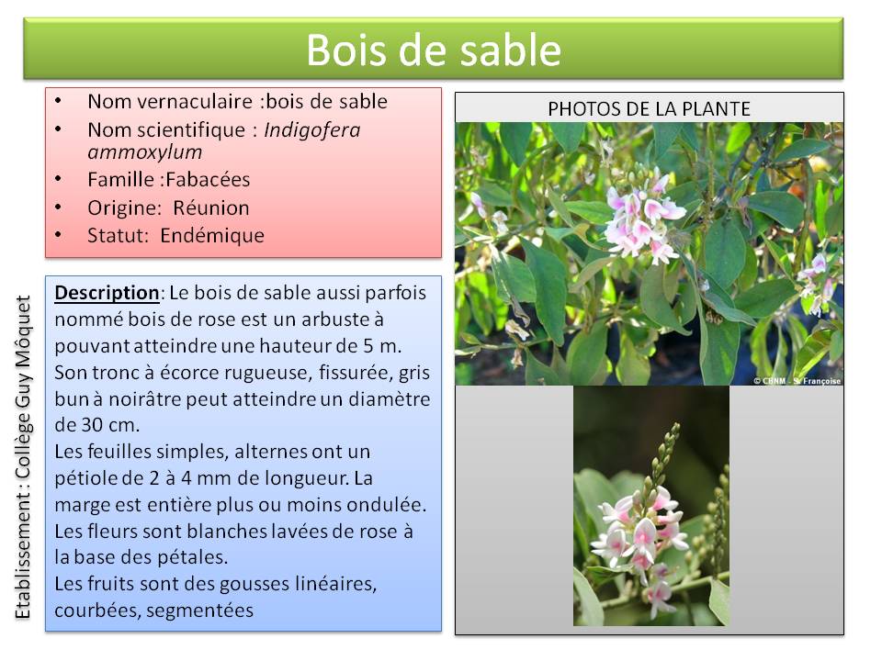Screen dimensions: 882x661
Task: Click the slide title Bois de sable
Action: pos(434,50)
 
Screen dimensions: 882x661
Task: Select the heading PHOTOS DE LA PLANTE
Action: pos(650,108)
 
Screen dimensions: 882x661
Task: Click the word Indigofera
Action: pos(312,129)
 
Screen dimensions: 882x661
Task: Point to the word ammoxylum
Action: pos(145,152)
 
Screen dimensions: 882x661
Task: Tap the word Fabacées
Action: pos(209,179)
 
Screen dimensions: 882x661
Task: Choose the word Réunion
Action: pos(211,208)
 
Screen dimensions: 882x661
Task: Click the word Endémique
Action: pos(212,236)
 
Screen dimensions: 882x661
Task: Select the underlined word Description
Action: pos(107,293)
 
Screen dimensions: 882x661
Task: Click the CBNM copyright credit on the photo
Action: pos(797,380)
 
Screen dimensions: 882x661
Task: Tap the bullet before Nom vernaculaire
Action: pos(58,101)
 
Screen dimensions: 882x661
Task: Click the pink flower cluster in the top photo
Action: pos(643,219)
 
